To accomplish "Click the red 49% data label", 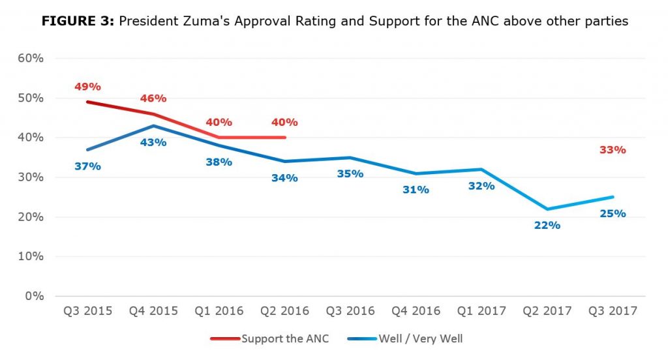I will click(x=87, y=87).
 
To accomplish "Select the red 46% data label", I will click(x=153, y=98).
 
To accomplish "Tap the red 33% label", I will click(x=613, y=150).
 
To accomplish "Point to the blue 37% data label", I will click(x=87, y=166).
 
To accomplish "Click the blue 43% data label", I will click(x=153, y=142).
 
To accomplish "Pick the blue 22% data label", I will click(x=547, y=225).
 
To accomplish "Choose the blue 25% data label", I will click(x=613, y=213).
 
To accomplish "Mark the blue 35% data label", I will click(x=350, y=174).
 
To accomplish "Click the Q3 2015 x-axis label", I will click(x=87, y=311).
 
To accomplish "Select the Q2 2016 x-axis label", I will click(x=284, y=311).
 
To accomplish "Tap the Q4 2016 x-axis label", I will click(x=416, y=311).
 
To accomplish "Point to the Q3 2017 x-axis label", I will click(x=613, y=311).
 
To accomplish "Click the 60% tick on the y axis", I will click(x=30, y=58).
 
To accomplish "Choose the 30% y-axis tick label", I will click(x=30, y=177).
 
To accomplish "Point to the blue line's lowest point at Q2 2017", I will click(x=547, y=209).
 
